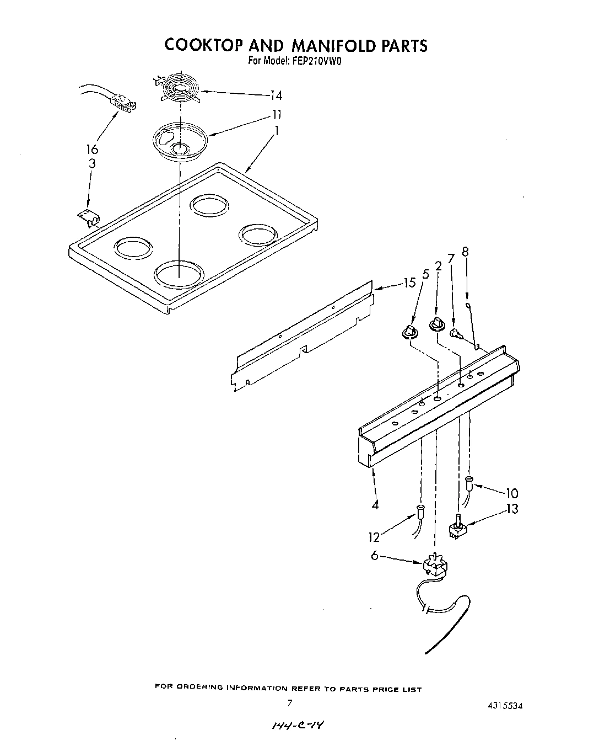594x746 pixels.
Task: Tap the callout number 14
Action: click(x=276, y=95)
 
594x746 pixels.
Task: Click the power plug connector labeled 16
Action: click(x=123, y=104)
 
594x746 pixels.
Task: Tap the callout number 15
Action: click(x=408, y=283)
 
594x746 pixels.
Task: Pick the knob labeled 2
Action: click(x=437, y=324)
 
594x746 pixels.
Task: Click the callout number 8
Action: click(x=465, y=252)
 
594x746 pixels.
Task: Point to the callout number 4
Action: click(x=375, y=504)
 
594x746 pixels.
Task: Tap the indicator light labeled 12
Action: click(x=421, y=512)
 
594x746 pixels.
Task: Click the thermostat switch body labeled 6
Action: click(x=434, y=567)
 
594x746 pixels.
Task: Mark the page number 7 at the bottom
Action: click(x=288, y=704)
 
